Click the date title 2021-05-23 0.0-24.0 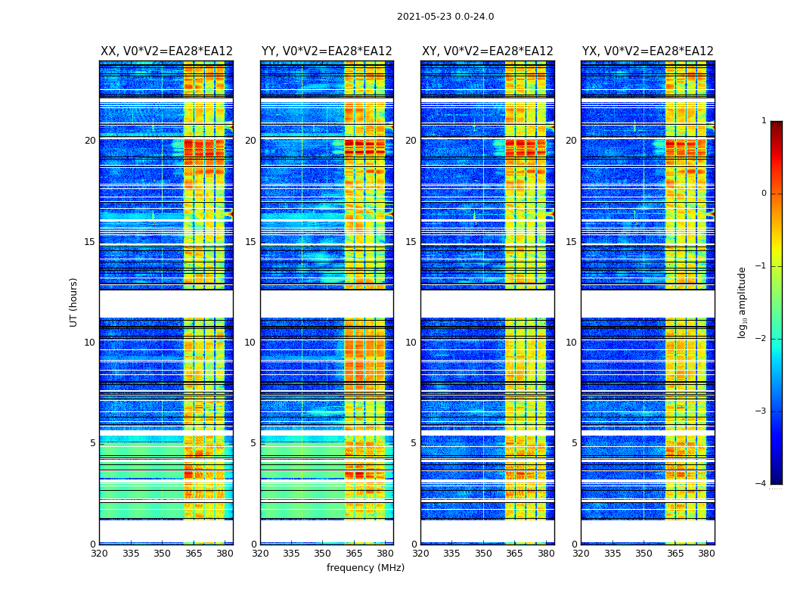(445, 17)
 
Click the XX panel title (166, 51)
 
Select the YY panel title (327, 51)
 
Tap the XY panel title (487, 51)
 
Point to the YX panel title (647, 51)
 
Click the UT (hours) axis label (74, 302)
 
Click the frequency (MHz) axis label (365, 568)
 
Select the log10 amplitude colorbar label (742, 302)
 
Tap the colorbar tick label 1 (764, 121)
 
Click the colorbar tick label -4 (761, 484)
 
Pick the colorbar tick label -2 (761, 339)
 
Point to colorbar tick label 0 (764, 194)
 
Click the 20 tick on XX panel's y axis (90, 141)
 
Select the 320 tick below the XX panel (99, 554)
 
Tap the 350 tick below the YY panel (323, 554)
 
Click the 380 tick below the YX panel (706, 554)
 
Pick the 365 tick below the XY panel (514, 554)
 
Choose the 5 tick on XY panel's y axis (414, 443)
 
